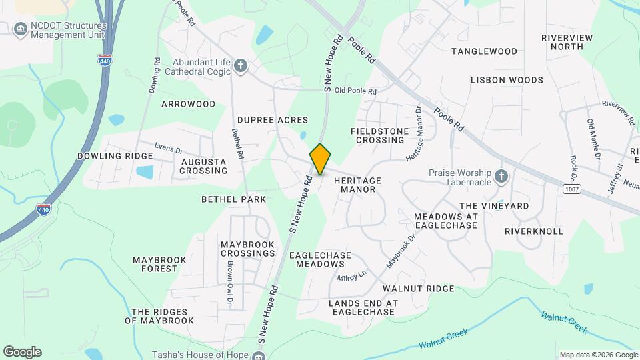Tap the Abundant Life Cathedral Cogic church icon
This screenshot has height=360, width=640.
tap(241, 65)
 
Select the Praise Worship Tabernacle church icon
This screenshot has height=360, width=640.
tap(501, 177)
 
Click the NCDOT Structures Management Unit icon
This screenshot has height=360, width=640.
tap(20, 29)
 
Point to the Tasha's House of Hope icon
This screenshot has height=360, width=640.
tap(259, 355)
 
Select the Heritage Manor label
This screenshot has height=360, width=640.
tap(357, 185)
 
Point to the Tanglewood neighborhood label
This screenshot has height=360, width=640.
tap(484, 51)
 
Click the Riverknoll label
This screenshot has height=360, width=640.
tap(533, 231)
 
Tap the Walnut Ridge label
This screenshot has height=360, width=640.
tap(418, 289)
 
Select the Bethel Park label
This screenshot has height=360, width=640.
tap(233, 199)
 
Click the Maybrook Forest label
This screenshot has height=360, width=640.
tap(155, 264)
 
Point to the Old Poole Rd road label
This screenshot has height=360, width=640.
tap(355, 91)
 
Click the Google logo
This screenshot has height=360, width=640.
tap(22, 352)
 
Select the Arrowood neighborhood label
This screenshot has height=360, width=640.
tap(188, 104)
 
